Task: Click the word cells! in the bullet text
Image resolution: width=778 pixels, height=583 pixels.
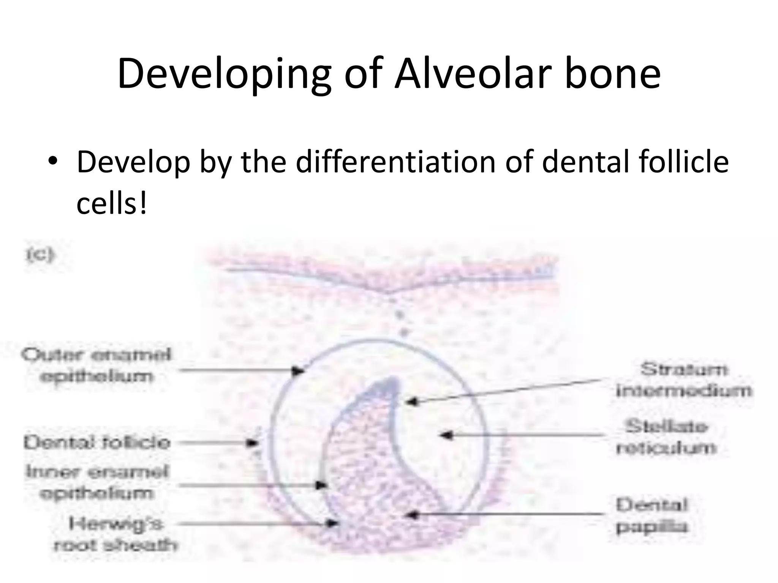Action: tap(111, 204)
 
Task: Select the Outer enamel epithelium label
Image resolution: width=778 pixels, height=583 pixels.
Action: tap(96, 366)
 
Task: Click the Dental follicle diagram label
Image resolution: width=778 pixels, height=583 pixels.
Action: tap(96, 443)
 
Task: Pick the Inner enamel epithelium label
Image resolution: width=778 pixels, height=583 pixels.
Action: tap(96, 483)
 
